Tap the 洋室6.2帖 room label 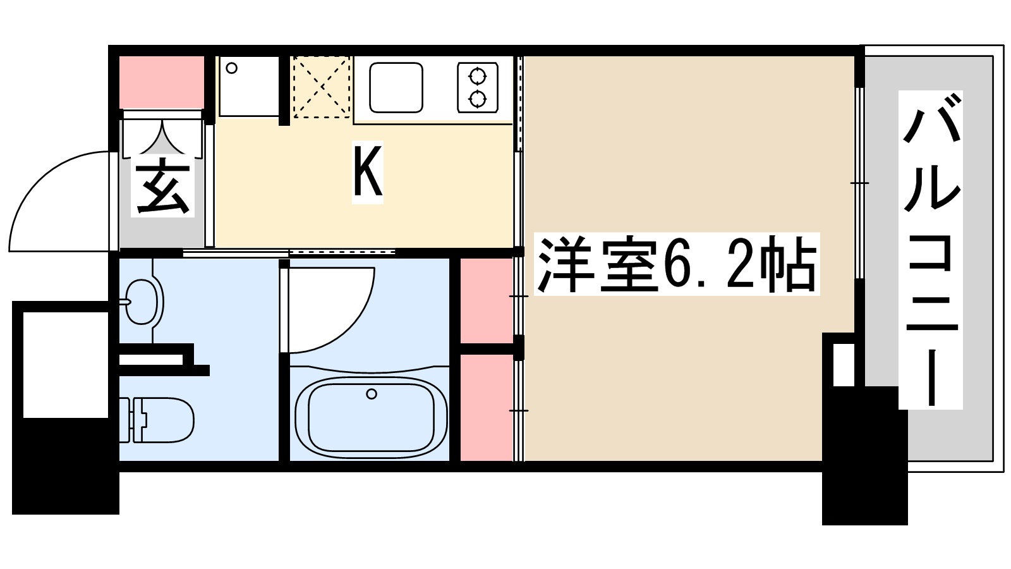pos(676,264)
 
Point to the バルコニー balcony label pos(931,249)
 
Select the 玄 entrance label pos(162,188)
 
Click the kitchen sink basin pos(396,87)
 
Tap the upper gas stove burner pos(478,76)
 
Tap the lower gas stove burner pos(478,99)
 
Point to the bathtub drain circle pos(372,394)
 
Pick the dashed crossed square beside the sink pos(322,87)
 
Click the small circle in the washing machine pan pos(232,68)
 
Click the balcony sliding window pos(859,183)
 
